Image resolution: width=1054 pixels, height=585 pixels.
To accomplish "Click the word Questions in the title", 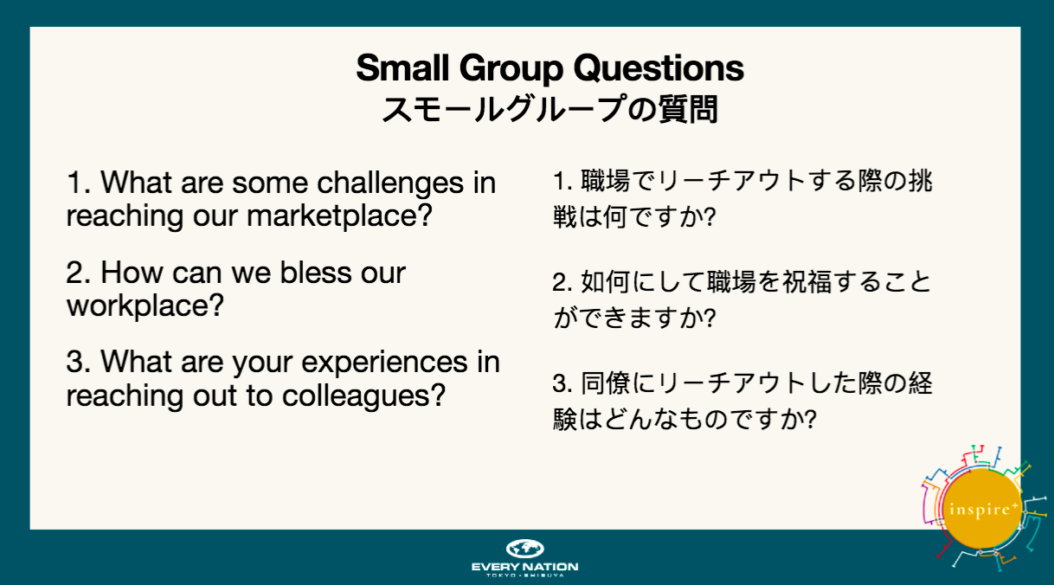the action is (x=659, y=68).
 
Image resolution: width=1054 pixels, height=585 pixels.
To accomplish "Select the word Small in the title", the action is (x=402, y=68).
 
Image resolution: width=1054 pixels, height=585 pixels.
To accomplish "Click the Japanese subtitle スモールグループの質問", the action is (x=549, y=109).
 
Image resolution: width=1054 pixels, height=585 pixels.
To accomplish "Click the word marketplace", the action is (x=339, y=215).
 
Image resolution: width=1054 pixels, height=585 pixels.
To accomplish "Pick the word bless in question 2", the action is (x=315, y=272).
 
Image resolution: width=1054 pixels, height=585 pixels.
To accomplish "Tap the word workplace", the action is (x=145, y=306).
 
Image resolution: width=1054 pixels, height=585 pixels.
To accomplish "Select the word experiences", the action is (x=384, y=363).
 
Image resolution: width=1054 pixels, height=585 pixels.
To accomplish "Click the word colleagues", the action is (x=363, y=396).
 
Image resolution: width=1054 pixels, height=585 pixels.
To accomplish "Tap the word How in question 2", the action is (x=132, y=272).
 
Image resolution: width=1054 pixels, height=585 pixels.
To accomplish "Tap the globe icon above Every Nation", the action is (x=524, y=549).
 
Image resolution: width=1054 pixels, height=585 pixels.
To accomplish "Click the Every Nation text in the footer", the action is (x=524, y=567).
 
